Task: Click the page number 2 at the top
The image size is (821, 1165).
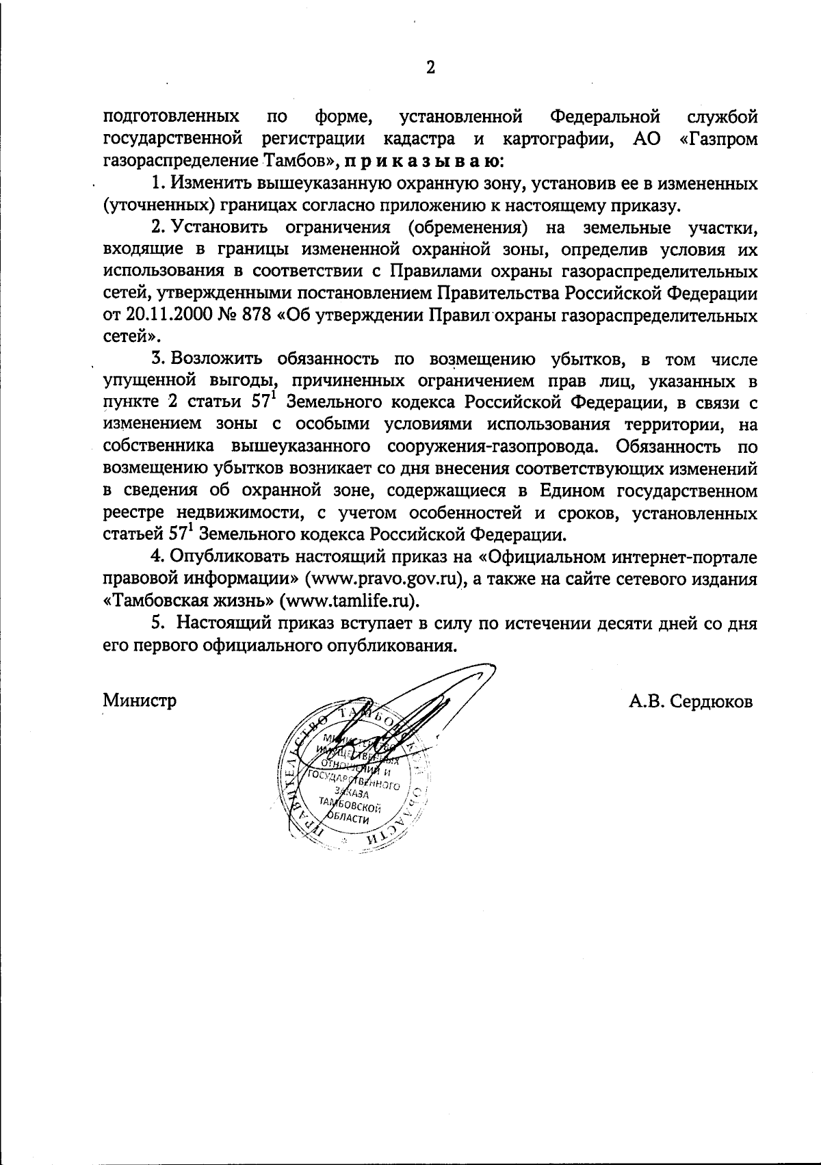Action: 430,67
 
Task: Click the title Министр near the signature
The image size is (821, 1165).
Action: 140,701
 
